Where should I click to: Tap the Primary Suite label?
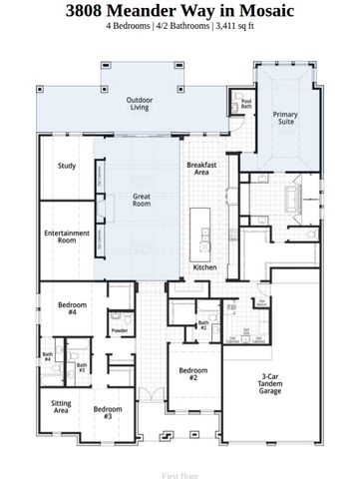pos(285,119)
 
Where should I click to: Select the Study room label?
pos(67,166)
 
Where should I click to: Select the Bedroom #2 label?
pos(192,375)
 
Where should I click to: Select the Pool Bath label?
pos(246,103)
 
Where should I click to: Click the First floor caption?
pos(180,465)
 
